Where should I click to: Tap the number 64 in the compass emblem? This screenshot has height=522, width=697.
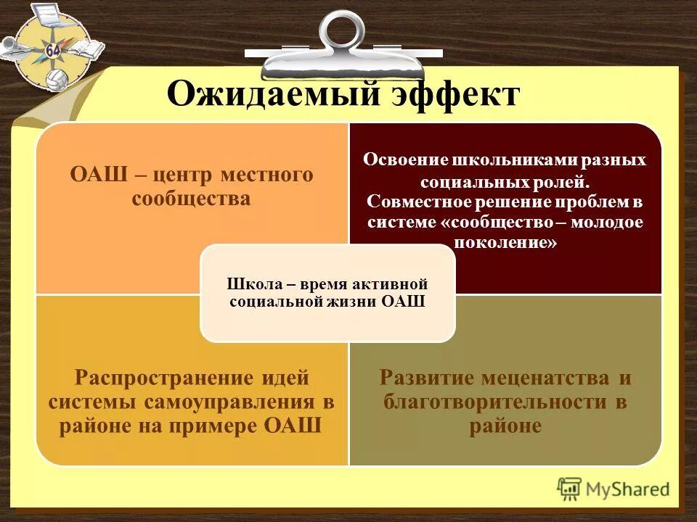tap(52, 50)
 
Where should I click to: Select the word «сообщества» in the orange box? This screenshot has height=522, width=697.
tap(192, 198)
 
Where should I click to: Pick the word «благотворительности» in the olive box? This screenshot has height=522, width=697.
tap(497, 401)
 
